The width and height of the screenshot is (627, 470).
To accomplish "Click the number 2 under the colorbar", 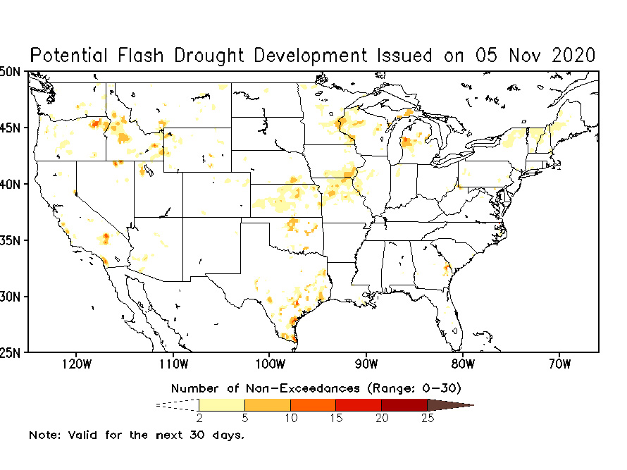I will click(x=199, y=418).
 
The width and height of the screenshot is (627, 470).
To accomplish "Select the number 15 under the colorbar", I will click(x=336, y=418).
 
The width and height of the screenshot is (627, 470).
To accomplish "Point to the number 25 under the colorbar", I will click(x=428, y=418).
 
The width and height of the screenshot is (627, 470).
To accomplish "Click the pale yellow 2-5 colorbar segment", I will click(x=222, y=404).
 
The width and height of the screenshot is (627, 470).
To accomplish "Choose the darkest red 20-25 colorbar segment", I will click(x=404, y=404).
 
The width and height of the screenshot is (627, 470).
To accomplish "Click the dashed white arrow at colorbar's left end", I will click(x=178, y=404).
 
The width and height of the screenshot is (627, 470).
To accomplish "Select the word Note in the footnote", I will click(x=42, y=435).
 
